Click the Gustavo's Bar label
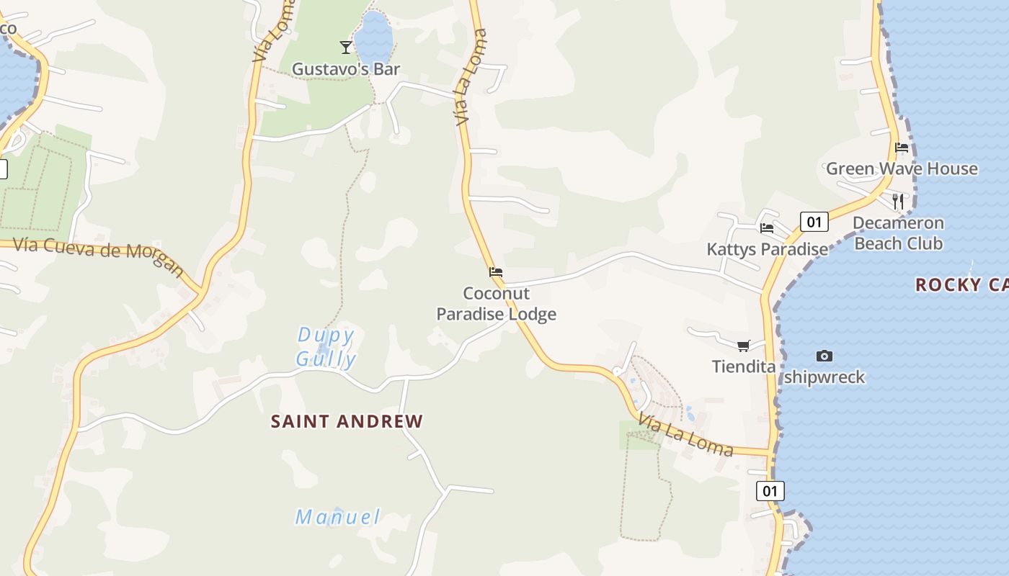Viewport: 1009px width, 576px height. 345,69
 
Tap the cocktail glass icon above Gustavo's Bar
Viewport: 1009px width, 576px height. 346,48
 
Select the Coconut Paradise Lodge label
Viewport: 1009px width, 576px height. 497,304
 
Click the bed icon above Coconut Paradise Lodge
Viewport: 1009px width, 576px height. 496,273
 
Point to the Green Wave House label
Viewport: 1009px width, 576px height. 902,169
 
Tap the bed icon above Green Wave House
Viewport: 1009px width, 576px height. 902,148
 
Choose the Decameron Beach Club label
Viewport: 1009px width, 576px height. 898,233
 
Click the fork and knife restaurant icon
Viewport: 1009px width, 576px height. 898,201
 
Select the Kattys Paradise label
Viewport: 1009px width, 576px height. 768,250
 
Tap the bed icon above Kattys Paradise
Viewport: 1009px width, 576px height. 767,228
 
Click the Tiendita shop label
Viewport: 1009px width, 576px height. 744,366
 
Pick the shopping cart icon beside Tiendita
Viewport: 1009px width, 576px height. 744,346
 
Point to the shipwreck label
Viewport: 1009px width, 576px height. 824,377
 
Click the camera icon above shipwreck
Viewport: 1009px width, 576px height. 824,356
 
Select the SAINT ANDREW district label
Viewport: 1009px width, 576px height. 347,422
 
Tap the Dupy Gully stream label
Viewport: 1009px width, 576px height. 326,347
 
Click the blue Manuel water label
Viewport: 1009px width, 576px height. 338,517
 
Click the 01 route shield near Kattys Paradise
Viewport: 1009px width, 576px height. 814,222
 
